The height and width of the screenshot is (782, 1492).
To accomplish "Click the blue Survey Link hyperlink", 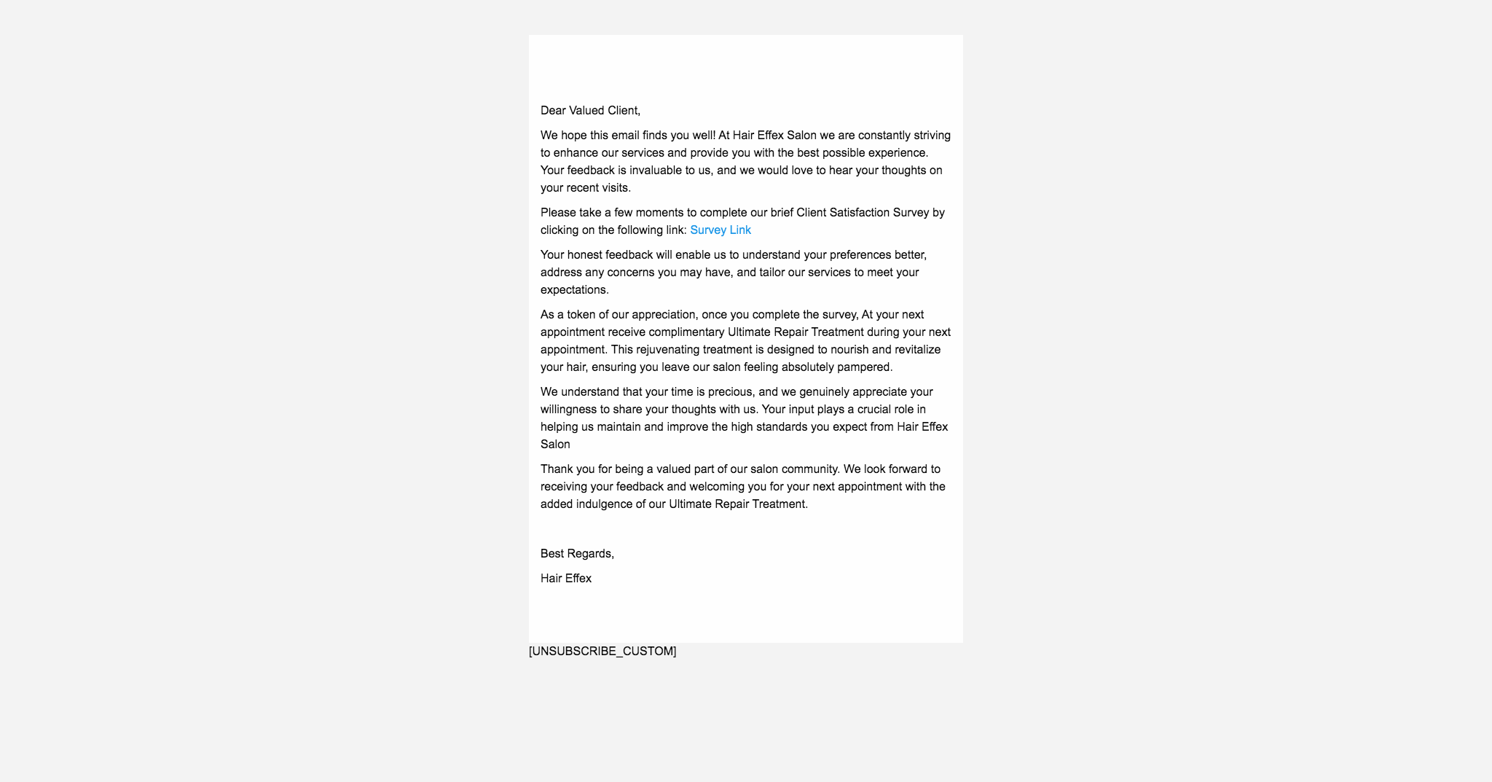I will (x=720, y=230).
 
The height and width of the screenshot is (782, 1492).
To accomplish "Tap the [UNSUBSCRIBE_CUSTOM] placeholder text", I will (x=602, y=651).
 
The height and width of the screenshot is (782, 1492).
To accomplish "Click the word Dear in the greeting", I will (x=553, y=111).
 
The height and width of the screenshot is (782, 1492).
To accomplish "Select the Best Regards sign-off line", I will (x=577, y=554).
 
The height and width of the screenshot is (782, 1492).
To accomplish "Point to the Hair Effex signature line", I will (x=566, y=579).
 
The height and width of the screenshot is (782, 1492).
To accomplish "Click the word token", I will (x=581, y=315).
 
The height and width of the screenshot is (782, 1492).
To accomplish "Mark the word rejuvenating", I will (x=667, y=350).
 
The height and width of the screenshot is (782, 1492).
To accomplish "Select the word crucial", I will (x=874, y=410).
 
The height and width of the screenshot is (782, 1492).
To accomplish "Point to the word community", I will (x=809, y=469).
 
